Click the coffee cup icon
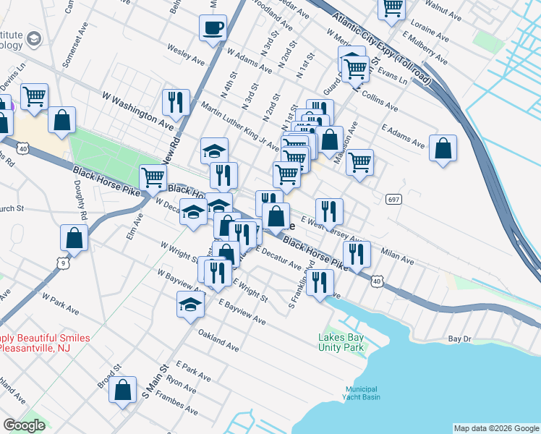(x=213, y=28)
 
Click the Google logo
(x=24, y=425)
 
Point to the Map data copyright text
(x=495, y=428)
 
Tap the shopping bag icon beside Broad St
(x=123, y=389)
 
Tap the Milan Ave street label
(x=397, y=254)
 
